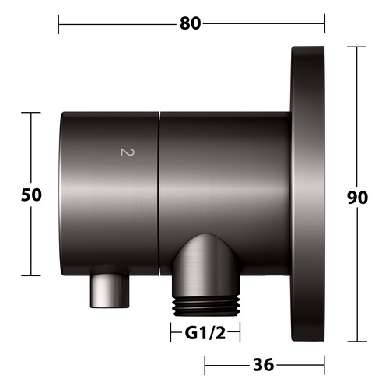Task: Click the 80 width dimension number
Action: pos(191,23)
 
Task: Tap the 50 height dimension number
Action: pos(31,195)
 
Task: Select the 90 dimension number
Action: pos(357,198)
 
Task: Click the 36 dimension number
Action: pos(264,365)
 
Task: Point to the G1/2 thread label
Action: pos(205,333)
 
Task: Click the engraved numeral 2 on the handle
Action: pos(128,152)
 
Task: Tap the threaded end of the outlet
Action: pos(207,307)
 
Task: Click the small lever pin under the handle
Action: pos(110,291)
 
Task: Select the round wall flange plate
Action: pos(308,194)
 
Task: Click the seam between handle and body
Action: pos(159,194)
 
